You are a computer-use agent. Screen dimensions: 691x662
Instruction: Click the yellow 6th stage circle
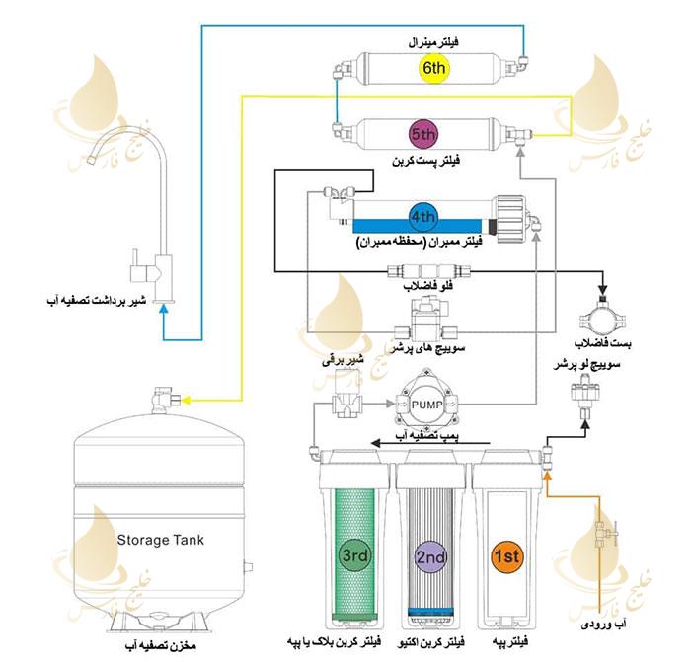pos(433,68)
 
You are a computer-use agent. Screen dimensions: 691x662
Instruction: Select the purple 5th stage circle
pos(423,134)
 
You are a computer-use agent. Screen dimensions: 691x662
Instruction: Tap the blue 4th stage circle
pos(423,216)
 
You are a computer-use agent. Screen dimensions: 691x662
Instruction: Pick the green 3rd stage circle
pos(355,555)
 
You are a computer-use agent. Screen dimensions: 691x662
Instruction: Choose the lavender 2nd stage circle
pos(430,556)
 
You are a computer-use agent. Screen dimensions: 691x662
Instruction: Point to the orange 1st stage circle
pos(506,556)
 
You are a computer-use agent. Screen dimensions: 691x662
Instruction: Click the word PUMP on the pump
pos(425,405)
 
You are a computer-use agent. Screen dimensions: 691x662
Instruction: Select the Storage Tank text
pos(161,540)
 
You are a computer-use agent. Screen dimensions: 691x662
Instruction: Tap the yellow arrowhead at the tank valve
pos(186,400)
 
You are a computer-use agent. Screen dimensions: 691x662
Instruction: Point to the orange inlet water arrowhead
pos(547,476)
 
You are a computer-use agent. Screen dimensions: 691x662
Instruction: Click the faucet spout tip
pos(91,159)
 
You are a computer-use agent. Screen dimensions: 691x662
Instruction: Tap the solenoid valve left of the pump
pos(346,395)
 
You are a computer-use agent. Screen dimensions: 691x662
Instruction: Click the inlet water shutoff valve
pos(604,533)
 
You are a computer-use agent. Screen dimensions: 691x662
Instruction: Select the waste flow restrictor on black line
pos(428,271)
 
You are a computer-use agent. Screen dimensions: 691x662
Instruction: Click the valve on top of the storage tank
pos(165,399)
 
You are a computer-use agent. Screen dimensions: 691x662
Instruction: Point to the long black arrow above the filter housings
pos(430,443)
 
